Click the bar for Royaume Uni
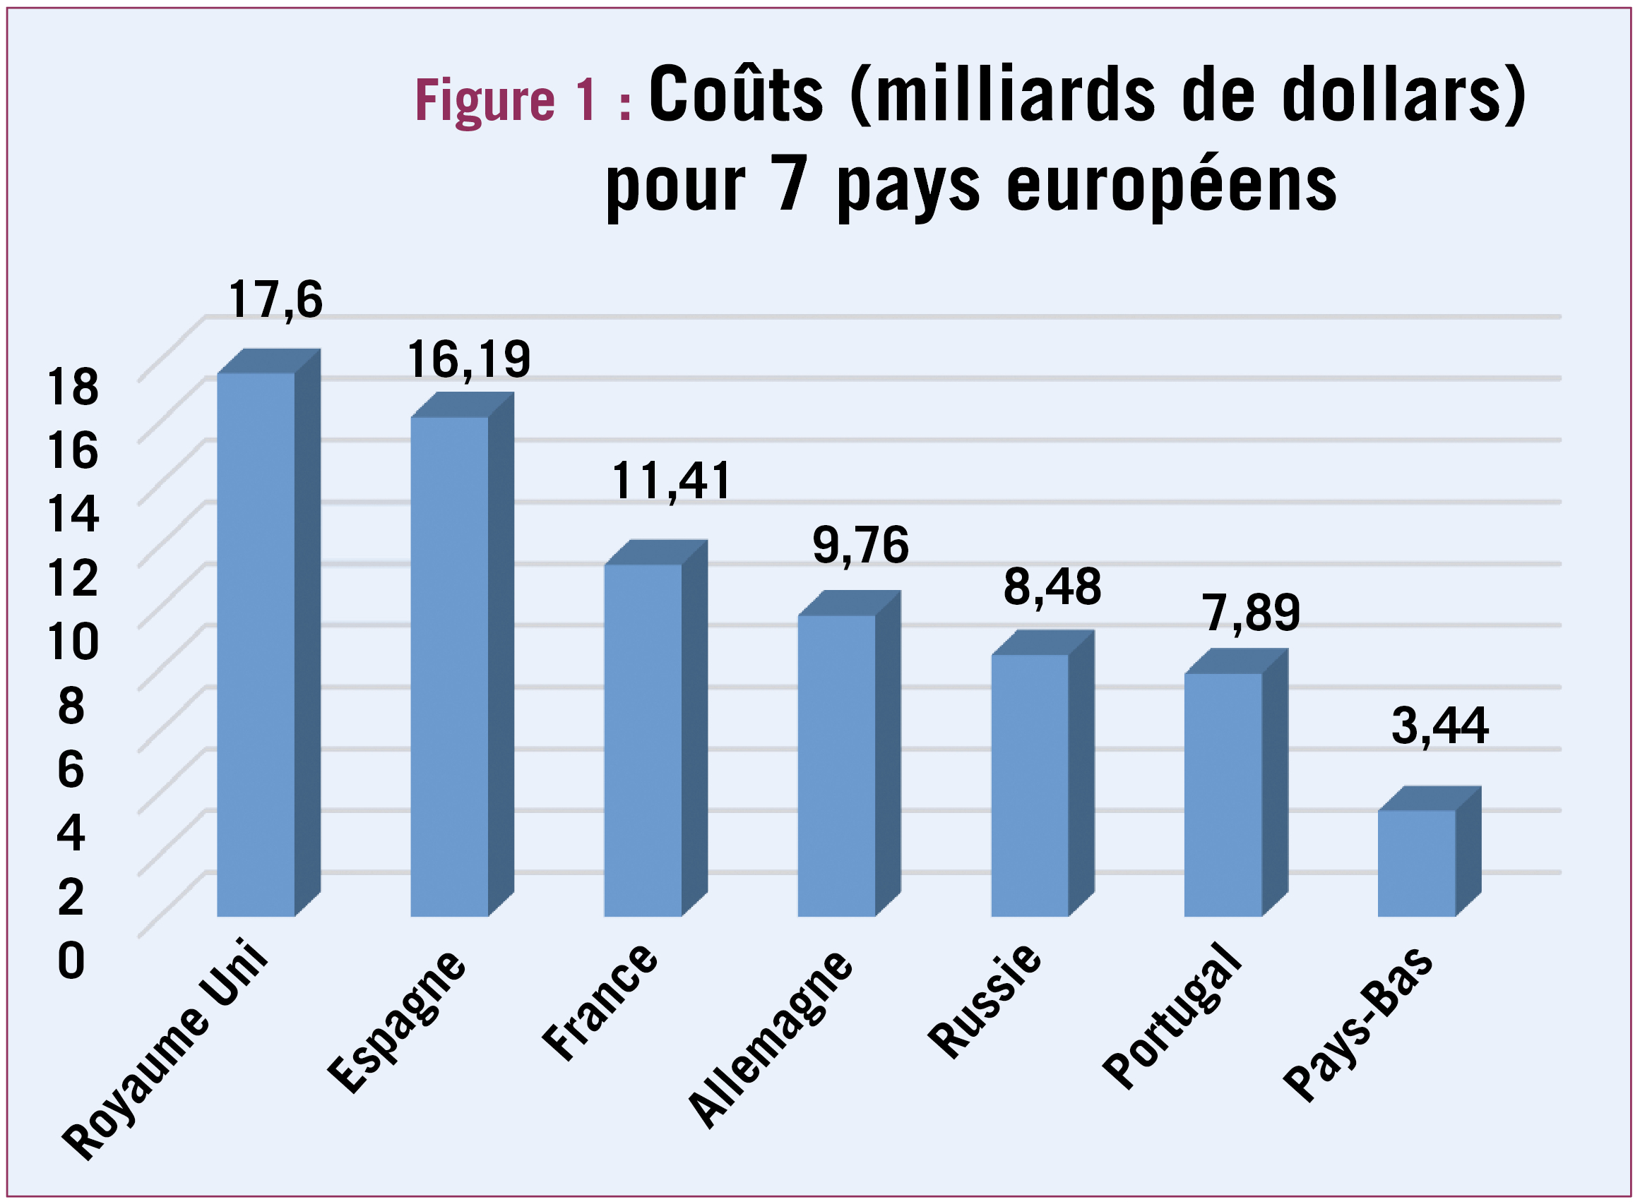(256, 644)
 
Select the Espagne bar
(449, 666)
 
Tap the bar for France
(643, 740)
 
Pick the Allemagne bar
(836, 765)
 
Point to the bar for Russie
(1029, 785)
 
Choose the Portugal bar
(1222, 795)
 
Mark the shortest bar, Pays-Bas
(1415, 863)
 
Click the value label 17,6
(275, 299)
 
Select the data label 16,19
(469, 359)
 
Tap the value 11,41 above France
(671, 481)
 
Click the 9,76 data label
(860, 545)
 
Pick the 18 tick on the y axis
(72, 387)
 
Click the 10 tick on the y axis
(72, 642)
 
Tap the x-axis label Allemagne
(771, 1040)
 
